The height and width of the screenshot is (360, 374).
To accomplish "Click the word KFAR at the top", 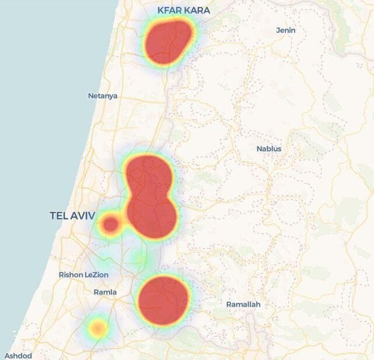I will coord(169,11).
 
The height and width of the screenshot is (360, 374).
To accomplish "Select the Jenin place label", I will coord(286,30).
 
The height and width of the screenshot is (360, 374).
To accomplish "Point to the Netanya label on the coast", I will coord(103,96).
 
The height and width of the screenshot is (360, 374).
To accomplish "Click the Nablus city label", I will coord(269,149).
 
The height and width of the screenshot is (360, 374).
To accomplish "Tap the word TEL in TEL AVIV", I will coord(60,216).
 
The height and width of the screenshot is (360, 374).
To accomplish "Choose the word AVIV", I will coord(83,216).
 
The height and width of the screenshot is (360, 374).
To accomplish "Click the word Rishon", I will coord(71,275).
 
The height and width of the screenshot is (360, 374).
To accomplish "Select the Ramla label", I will coord(105,292).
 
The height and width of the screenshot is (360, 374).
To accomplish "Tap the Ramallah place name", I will coord(243,305).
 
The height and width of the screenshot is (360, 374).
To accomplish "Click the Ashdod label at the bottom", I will coord(18,355).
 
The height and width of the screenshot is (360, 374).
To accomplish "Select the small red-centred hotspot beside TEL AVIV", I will coord(110,225).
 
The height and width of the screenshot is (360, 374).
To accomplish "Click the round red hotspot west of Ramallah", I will coord(164,300).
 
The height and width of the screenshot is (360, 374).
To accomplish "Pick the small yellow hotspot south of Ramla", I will coord(98,328).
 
